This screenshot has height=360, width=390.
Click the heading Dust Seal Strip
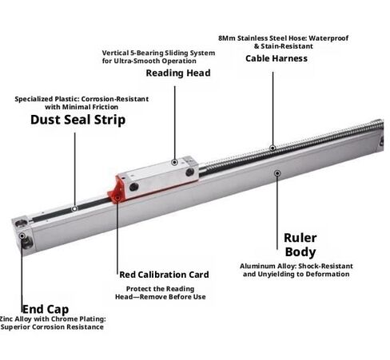(x=78, y=120)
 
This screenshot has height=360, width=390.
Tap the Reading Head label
(x=178, y=73)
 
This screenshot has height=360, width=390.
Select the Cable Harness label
(x=277, y=58)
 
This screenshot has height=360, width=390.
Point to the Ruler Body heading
(x=300, y=245)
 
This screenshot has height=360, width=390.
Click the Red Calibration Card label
(x=164, y=275)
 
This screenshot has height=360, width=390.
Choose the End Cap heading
(x=46, y=310)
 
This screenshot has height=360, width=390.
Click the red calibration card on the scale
(x=116, y=189)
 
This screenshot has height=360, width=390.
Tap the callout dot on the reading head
(x=175, y=162)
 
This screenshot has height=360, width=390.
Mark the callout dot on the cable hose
(x=273, y=148)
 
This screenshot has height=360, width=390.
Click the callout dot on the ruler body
(x=277, y=173)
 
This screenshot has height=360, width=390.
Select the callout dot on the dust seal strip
(x=74, y=209)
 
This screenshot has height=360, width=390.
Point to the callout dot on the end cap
(x=22, y=236)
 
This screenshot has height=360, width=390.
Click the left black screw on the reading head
(x=133, y=187)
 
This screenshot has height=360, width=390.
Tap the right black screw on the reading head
(x=189, y=172)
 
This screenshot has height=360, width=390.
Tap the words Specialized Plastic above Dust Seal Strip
(x=47, y=99)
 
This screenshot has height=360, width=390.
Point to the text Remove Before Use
(x=173, y=297)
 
